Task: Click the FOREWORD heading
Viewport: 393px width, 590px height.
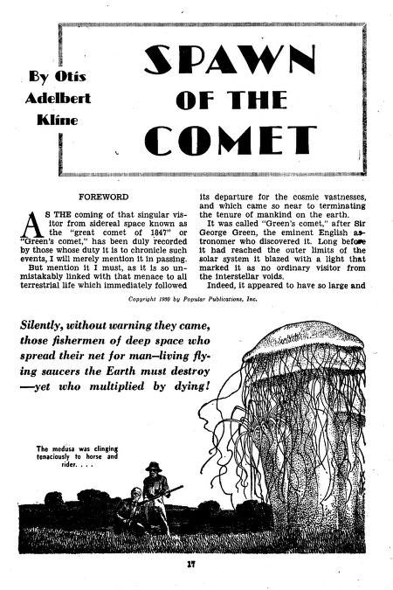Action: point(103,198)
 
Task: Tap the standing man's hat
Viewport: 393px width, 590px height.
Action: point(155,466)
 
